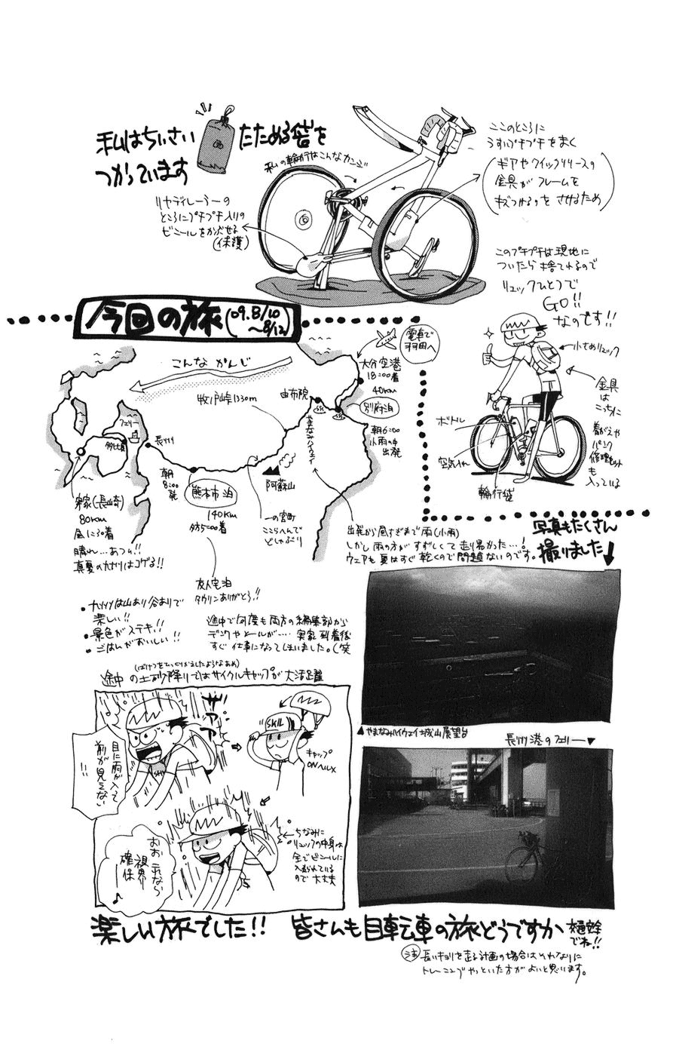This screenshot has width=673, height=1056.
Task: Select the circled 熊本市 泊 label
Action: pos(216,488)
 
